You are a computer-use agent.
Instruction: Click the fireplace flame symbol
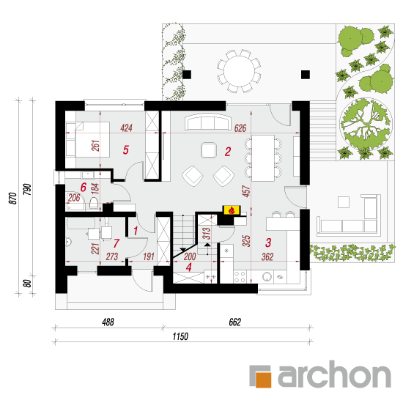pos(232,210)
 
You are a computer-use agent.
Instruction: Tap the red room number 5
pos(126,150)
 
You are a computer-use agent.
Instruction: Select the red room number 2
pos(228,152)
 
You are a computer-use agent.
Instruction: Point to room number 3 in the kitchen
pos(268,243)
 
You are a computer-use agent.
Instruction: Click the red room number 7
pos(117,243)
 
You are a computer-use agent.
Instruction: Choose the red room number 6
pos(84,188)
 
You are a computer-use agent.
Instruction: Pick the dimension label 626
pos(240,128)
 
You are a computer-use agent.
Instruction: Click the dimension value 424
pos(126,128)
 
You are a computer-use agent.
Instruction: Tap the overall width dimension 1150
pos(180,336)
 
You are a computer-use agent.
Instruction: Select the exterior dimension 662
pos(235,322)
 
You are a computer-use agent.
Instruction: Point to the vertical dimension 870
pos(13,198)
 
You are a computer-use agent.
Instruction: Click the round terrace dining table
pos(239,71)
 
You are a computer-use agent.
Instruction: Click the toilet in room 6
pos(94,203)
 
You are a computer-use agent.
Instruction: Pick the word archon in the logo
pos(334,374)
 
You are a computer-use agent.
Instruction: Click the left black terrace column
pos(187,75)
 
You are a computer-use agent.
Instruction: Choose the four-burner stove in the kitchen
pos(240,276)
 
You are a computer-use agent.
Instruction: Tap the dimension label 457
pos(246,191)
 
